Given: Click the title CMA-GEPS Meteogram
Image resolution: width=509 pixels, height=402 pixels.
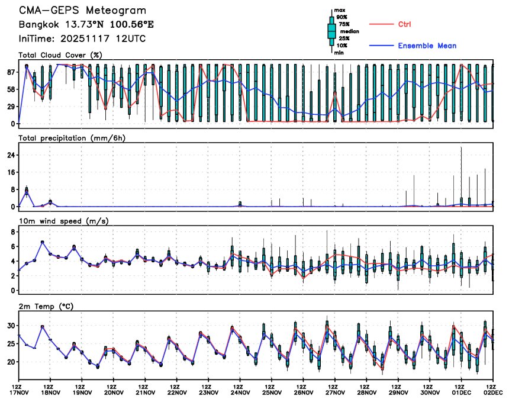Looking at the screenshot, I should [82, 11].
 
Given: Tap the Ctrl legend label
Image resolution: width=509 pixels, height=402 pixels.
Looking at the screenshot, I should [405, 24].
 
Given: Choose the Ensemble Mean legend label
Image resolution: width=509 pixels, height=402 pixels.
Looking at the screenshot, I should [427, 46].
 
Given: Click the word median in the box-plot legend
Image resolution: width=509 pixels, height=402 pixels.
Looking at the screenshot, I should [347, 31].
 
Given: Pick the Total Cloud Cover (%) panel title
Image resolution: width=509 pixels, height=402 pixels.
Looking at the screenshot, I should [60, 55].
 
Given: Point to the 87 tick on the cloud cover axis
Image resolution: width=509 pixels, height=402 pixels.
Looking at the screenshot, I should [10, 72].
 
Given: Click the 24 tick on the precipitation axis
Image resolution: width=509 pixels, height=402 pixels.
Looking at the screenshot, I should [11, 155].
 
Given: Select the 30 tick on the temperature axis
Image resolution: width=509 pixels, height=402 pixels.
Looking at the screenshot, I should [11, 326].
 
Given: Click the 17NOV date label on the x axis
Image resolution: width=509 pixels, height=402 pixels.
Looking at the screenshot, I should [20, 392].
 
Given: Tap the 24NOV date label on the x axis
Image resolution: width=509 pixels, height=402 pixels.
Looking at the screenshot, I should [240, 392].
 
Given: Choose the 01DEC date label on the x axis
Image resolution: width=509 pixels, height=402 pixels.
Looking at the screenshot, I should [462, 392].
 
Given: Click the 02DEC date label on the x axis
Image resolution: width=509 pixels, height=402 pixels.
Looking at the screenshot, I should [493, 392].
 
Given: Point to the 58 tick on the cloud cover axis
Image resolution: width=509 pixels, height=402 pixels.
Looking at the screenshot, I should [10, 89].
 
